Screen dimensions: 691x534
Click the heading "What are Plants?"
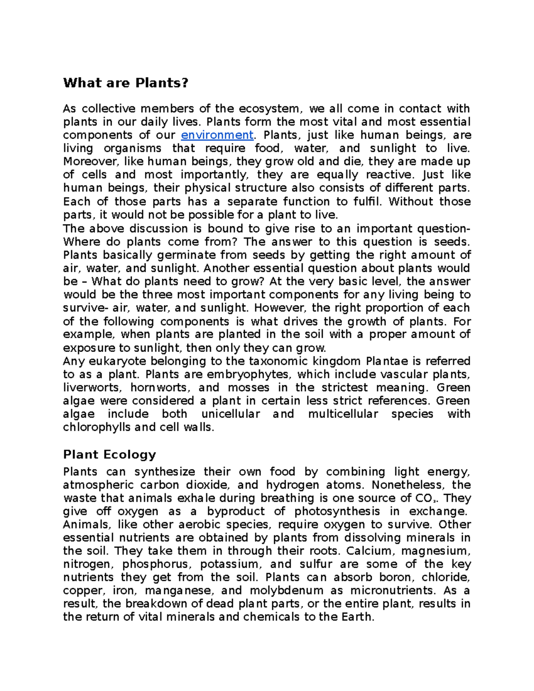[126, 83]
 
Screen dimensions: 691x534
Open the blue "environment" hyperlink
[217, 135]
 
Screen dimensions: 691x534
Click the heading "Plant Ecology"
[109, 454]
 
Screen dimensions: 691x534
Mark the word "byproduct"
[235, 511]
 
